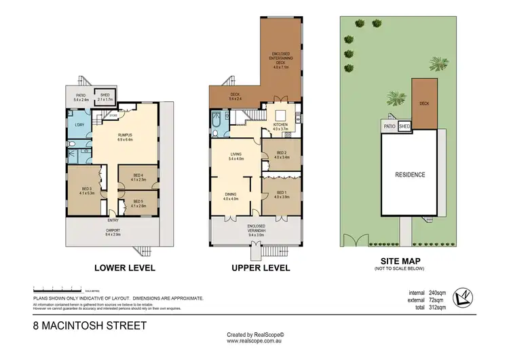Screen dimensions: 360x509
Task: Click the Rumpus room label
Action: click(x=124, y=137)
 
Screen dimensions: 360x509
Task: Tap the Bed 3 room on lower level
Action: click(x=86, y=191)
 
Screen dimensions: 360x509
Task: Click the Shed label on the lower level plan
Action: click(x=105, y=97)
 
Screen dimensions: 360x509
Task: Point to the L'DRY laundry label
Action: click(x=79, y=126)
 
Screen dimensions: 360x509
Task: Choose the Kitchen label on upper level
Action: click(x=280, y=126)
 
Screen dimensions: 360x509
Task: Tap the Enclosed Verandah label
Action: click(x=255, y=228)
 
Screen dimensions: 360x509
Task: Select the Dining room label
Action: click(x=231, y=196)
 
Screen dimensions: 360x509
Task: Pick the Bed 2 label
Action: click(x=281, y=155)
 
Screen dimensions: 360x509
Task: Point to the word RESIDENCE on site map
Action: click(x=411, y=175)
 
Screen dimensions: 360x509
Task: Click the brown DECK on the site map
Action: click(x=424, y=105)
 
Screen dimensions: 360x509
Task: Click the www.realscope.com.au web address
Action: click(x=255, y=342)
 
